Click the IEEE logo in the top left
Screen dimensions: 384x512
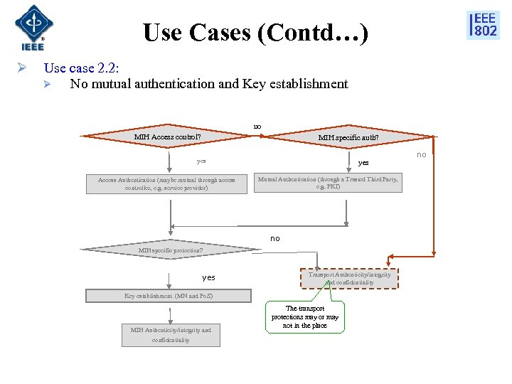[x=33, y=27]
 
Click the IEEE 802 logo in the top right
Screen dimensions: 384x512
[x=483, y=25]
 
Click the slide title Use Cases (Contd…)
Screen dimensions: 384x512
[x=255, y=33]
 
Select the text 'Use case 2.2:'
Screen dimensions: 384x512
[x=81, y=68]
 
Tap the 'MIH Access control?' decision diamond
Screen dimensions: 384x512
[x=168, y=137]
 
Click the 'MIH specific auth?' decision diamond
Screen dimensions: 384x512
[x=348, y=137]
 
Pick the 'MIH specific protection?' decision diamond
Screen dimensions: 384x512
[x=170, y=250]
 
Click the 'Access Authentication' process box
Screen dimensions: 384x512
[x=167, y=184]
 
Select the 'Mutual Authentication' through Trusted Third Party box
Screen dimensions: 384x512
[x=328, y=183]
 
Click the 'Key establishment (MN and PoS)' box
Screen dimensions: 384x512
[x=169, y=296]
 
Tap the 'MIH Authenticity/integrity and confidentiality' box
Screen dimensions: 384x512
[x=171, y=335]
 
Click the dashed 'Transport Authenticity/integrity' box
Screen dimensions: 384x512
[x=348, y=278]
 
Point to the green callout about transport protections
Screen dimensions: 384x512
[x=305, y=317]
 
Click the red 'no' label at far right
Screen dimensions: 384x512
[x=422, y=154]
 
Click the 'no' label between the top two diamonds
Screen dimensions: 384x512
[x=257, y=127]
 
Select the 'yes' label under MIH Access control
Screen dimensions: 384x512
[x=201, y=161]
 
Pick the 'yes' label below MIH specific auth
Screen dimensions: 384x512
[x=363, y=163]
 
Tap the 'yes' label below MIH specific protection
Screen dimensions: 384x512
[x=208, y=277]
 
